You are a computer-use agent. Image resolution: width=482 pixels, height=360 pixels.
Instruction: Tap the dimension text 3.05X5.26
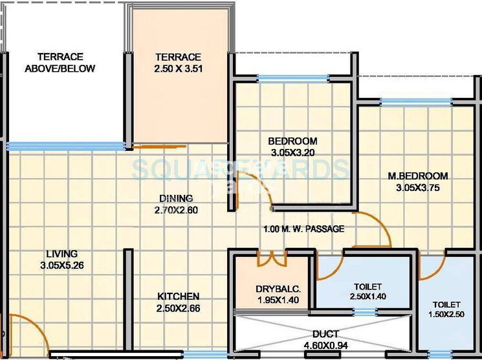(61, 265)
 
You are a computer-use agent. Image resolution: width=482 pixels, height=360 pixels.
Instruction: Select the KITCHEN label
(178, 297)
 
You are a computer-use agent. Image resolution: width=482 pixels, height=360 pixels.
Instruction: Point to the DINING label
(177, 198)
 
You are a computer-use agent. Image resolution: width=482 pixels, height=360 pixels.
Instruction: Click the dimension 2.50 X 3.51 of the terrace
(178, 69)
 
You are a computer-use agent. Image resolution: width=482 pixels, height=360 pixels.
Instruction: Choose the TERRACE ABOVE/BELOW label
(60, 63)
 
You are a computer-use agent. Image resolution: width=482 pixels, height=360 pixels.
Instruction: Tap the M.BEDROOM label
(418, 176)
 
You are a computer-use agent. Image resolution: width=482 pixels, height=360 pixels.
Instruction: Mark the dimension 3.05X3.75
(418, 188)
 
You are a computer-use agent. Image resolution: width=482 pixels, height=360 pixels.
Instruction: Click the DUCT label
(325, 334)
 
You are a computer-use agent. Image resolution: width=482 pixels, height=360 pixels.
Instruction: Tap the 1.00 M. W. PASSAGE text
(303, 229)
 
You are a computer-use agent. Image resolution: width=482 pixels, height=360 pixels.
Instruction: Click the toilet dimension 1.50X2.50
(447, 315)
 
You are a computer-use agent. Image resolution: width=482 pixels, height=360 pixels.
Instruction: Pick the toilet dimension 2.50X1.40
(367, 297)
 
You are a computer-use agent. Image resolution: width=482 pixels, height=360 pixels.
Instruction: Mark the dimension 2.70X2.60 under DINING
(177, 210)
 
